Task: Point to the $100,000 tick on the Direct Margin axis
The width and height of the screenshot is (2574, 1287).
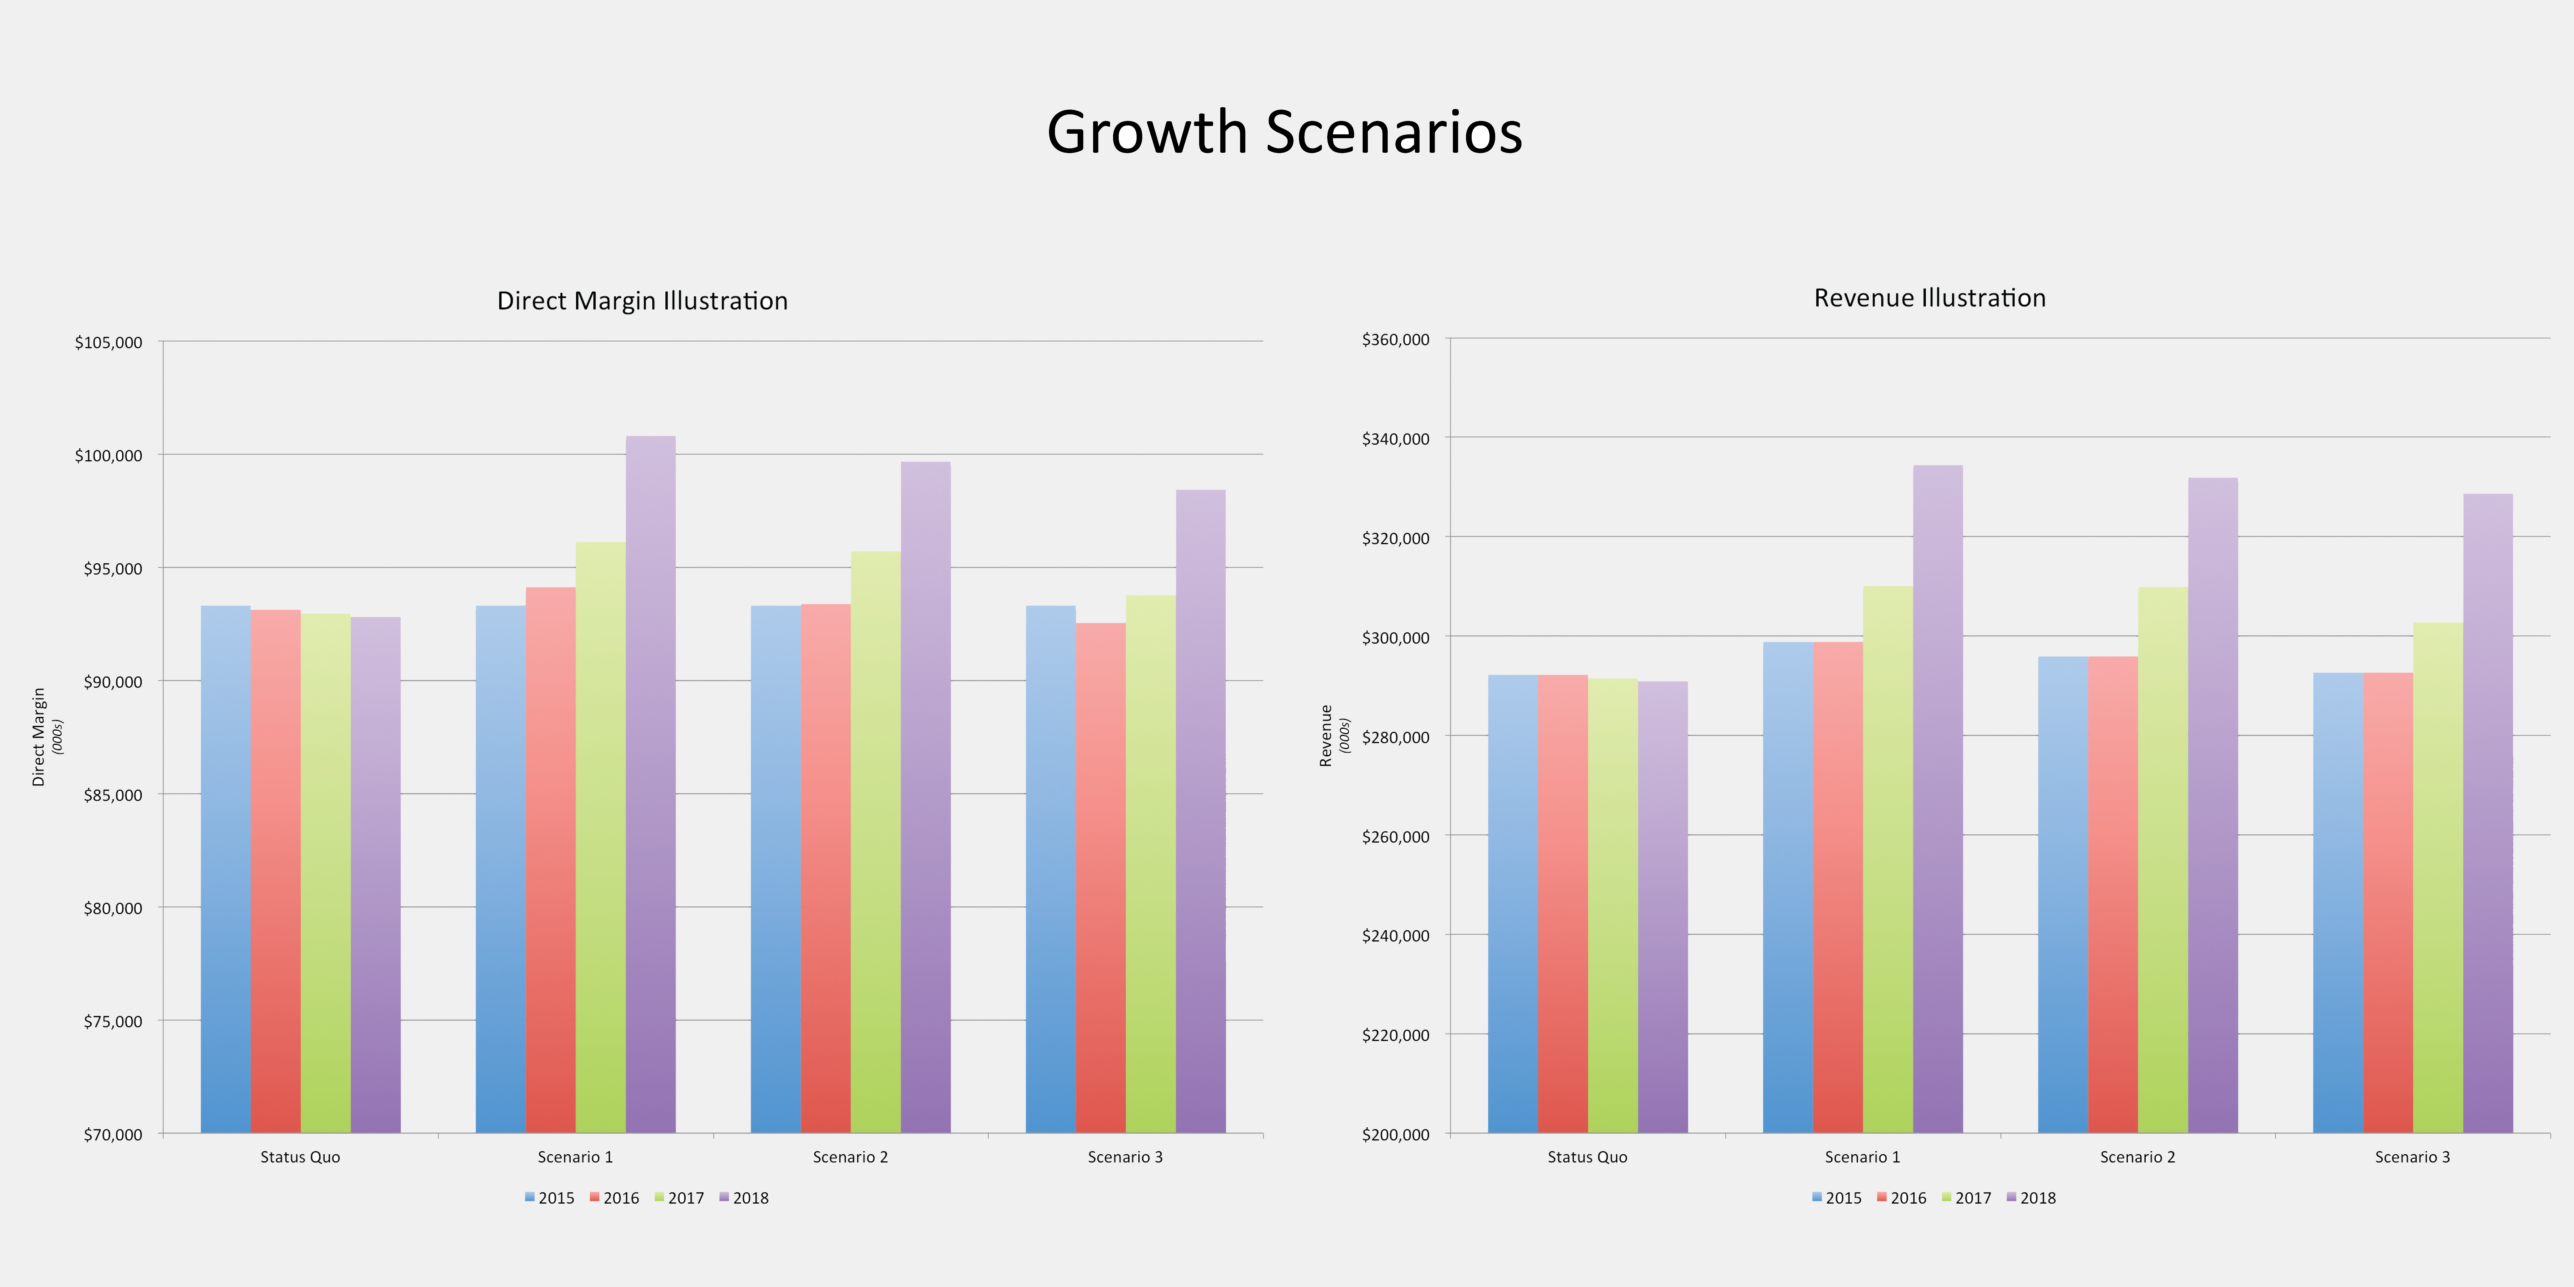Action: (x=108, y=456)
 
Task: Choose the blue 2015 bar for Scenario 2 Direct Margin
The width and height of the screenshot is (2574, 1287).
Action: (x=775, y=869)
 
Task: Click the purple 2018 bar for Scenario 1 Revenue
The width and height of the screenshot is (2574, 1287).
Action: (x=1937, y=799)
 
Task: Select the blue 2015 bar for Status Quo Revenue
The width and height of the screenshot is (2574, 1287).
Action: (x=1513, y=904)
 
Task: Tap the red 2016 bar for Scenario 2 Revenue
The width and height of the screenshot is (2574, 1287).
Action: (x=2112, y=894)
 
